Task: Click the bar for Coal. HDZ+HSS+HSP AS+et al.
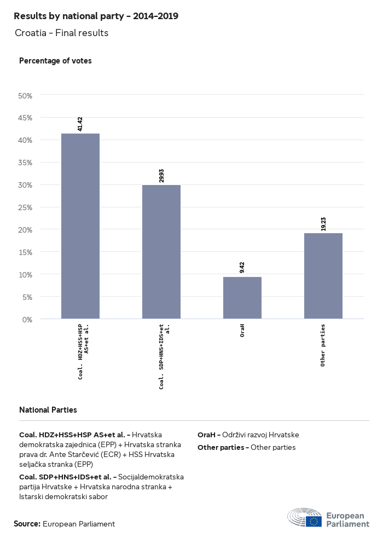pyautogui.click(x=80, y=225)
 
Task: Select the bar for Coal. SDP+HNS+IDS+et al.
pyautogui.click(x=161, y=252)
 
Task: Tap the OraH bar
pyautogui.click(x=242, y=298)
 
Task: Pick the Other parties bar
pyautogui.click(x=323, y=276)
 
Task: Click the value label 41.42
pyautogui.click(x=80, y=124)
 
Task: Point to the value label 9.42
pyautogui.click(x=242, y=267)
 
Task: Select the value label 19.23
pyautogui.click(x=323, y=223)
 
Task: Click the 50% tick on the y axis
pyautogui.click(x=26, y=96)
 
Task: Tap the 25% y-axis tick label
pyautogui.click(x=26, y=207)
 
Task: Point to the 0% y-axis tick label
pyautogui.click(x=28, y=319)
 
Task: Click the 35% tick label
pyautogui.click(x=26, y=163)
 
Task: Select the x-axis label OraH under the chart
pyautogui.click(x=242, y=331)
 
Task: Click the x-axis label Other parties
pyautogui.click(x=323, y=345)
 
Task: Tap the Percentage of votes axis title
pyautogui.click(x=55, y=61)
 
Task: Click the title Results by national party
pyautogui.click(x=96, y=16)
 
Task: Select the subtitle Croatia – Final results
pyautogui.click(x=62, y=33)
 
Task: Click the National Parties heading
pyautogui.click(x=48, y=409)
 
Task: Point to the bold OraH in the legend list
pyautogui.click(x=207, y=435)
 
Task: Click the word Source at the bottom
pyautogui.click(x=27, y=524)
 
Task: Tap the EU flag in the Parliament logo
pyautogui.click(x=314, y=521)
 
